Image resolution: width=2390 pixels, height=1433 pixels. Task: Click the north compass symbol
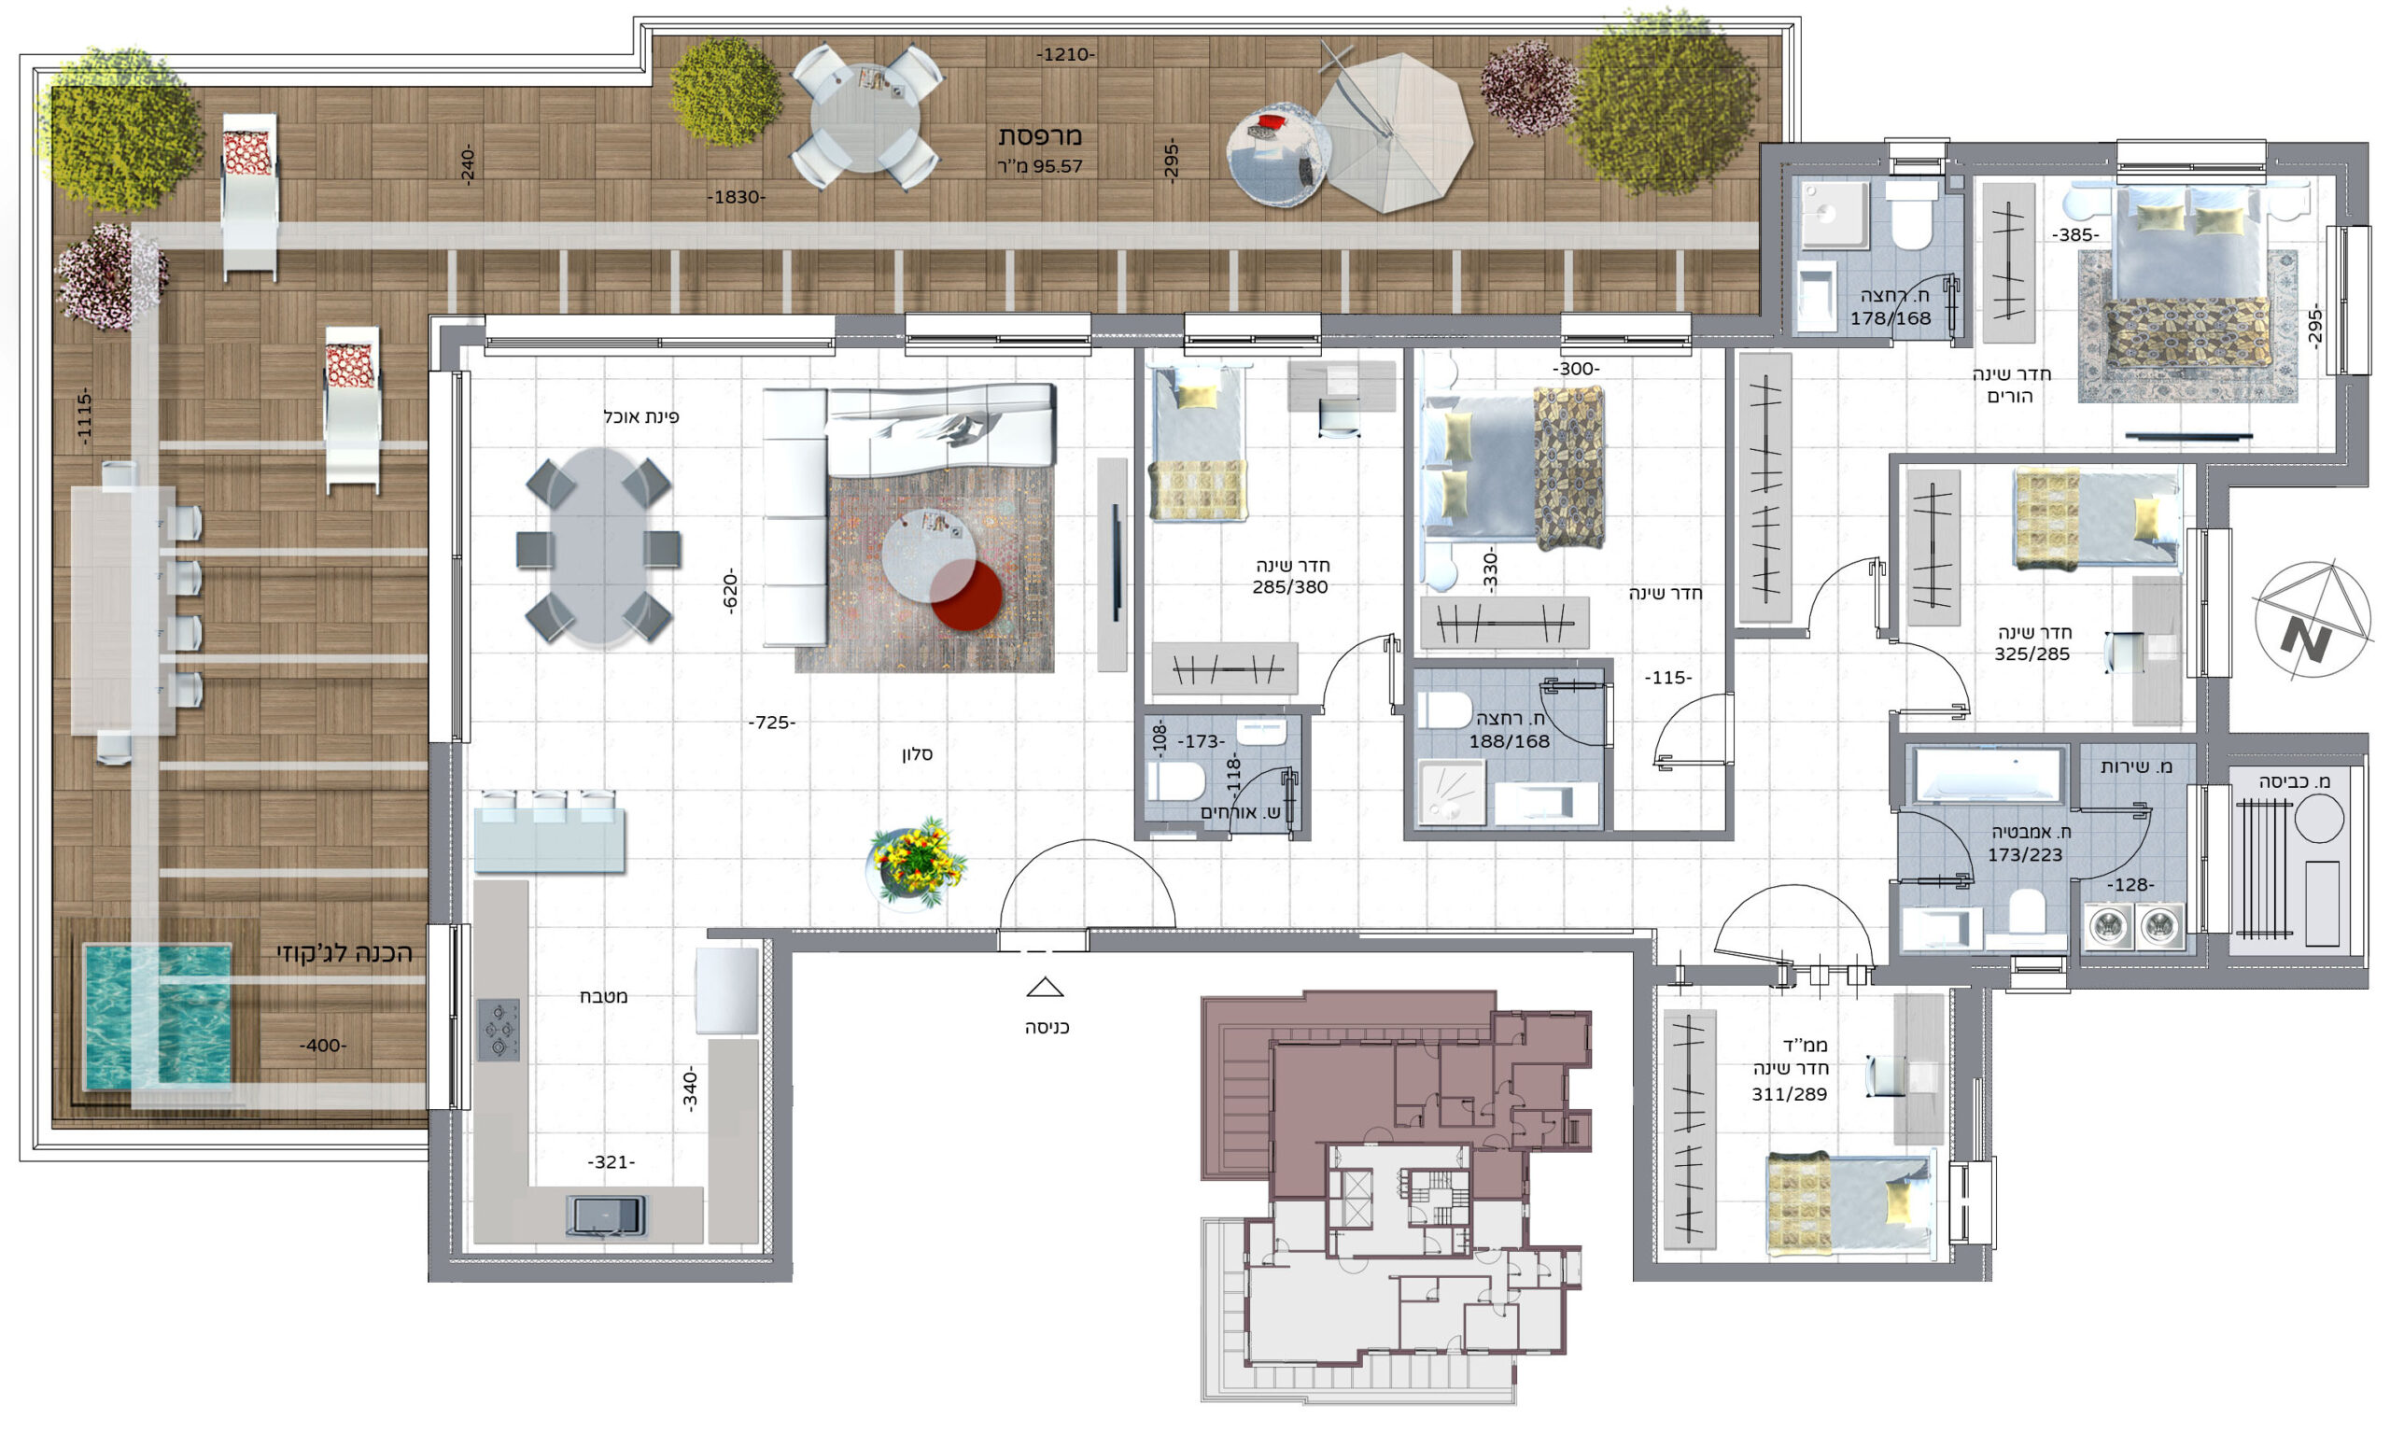2311,619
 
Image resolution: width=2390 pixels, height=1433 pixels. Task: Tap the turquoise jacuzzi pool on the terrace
157,1016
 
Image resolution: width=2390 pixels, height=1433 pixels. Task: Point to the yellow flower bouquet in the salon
915,863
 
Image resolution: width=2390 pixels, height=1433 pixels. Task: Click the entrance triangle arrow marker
1044,988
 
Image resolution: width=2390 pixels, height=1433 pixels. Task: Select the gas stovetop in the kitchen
499,1030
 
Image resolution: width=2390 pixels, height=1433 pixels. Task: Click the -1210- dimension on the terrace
1065,55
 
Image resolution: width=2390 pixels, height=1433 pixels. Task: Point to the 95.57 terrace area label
1040,166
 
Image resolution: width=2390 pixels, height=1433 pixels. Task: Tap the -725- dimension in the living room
771,723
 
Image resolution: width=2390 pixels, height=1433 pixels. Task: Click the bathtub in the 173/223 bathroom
1989,775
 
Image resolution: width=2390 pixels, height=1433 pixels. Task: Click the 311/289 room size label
1790,1094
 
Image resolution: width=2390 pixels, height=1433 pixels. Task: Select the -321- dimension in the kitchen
612,1161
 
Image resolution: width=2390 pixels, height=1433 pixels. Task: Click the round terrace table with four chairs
865,117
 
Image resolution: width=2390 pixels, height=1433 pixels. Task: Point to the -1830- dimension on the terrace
736,197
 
